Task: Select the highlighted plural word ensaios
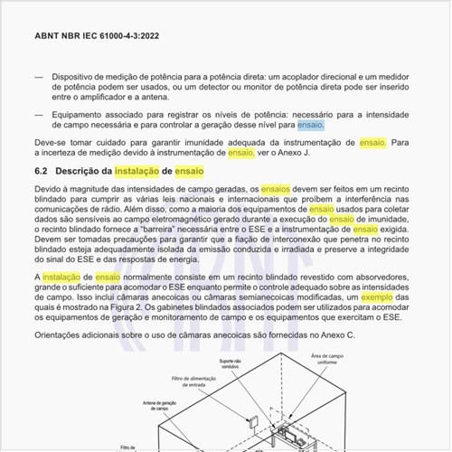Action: (x=277, y=187)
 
